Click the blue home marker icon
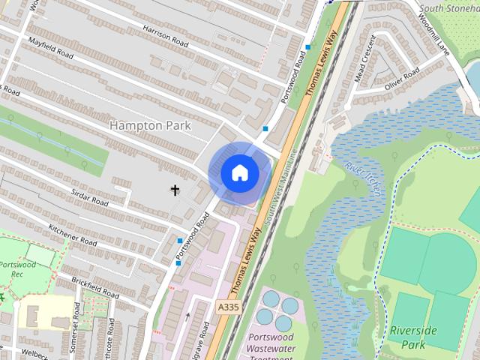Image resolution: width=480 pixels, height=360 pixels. [x=239, y=173]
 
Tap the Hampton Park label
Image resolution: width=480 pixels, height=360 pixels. [x=151, y=125]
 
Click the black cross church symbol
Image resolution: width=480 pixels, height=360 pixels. [x=175, y=190]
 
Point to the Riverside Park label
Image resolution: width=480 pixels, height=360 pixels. [x=407, y=337]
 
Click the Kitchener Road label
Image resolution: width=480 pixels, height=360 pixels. [x=73, y=236]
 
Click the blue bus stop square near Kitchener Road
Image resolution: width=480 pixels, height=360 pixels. [x=180, y=241]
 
